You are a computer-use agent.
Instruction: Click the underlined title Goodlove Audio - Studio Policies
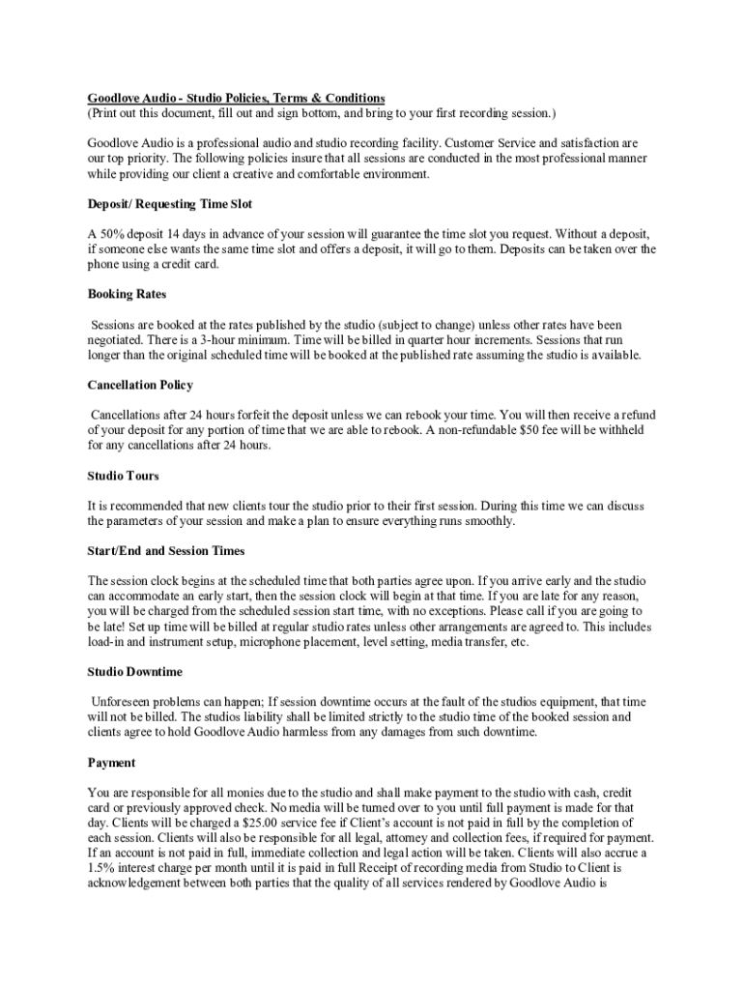236,99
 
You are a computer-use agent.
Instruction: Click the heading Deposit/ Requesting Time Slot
170,204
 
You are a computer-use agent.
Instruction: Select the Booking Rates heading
127,294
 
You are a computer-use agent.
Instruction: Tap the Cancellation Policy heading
140,385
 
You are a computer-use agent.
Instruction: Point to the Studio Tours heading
123,476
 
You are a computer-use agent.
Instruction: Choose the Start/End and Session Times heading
166,551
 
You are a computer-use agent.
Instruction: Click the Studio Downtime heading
134,671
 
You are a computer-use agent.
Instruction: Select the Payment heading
111,762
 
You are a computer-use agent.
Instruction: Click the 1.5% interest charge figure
101,867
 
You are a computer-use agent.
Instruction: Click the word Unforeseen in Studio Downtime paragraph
124,701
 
